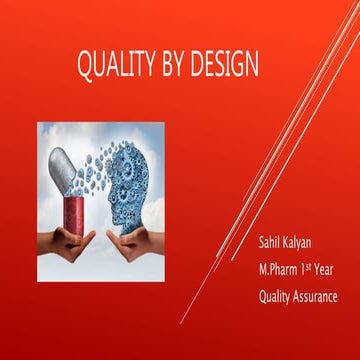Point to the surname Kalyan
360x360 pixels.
305,245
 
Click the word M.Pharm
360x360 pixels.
281,270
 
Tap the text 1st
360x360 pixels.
314,268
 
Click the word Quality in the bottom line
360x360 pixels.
277,296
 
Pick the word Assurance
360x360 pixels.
319,296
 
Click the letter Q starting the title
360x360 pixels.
85,66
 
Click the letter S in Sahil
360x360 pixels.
262,244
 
